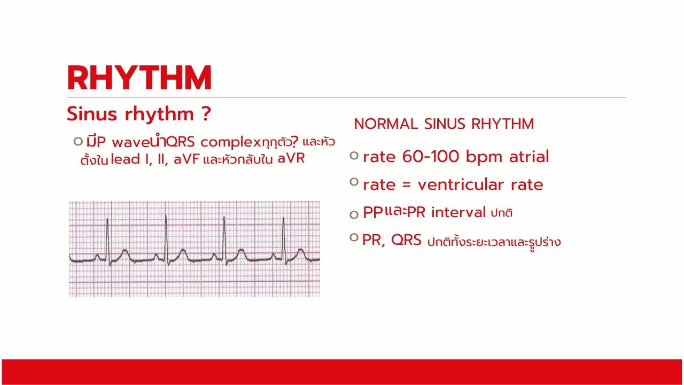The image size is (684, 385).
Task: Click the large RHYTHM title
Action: click(139, 78)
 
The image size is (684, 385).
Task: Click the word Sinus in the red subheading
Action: click(92, 114)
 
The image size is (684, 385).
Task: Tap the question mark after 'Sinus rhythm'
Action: click(206, 114)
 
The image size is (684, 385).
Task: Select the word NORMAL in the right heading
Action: click(386, 124)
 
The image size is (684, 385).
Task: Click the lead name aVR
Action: click(291, 159)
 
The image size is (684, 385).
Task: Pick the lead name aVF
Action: click(186, 159)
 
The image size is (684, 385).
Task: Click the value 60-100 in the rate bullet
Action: click(431, 157)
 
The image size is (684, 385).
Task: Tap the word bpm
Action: click(484, 157)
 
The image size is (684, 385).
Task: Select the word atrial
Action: click(529, 157)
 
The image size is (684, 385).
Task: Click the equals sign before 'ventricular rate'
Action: click(407, 185)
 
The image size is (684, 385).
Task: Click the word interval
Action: click(458, 212)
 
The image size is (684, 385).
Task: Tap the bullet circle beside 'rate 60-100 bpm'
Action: click(354, 156)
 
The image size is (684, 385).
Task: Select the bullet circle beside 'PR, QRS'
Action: click(354, 237)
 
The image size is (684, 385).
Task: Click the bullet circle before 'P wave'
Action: click(78, 142)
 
